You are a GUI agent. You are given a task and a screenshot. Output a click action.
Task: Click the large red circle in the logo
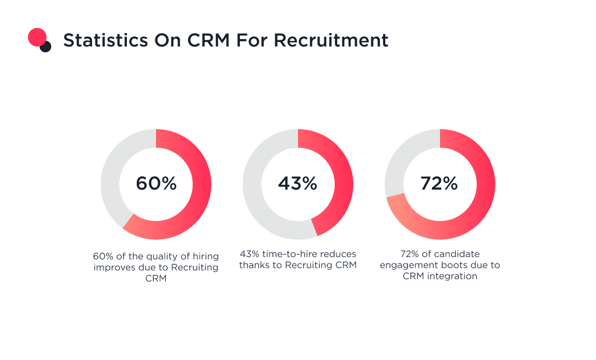37,37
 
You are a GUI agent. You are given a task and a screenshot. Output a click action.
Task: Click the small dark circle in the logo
46,47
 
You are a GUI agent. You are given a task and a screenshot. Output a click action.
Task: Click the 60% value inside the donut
156,184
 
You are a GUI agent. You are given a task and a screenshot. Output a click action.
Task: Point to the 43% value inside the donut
297,184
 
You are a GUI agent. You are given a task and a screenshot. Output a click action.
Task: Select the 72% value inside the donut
439,184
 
